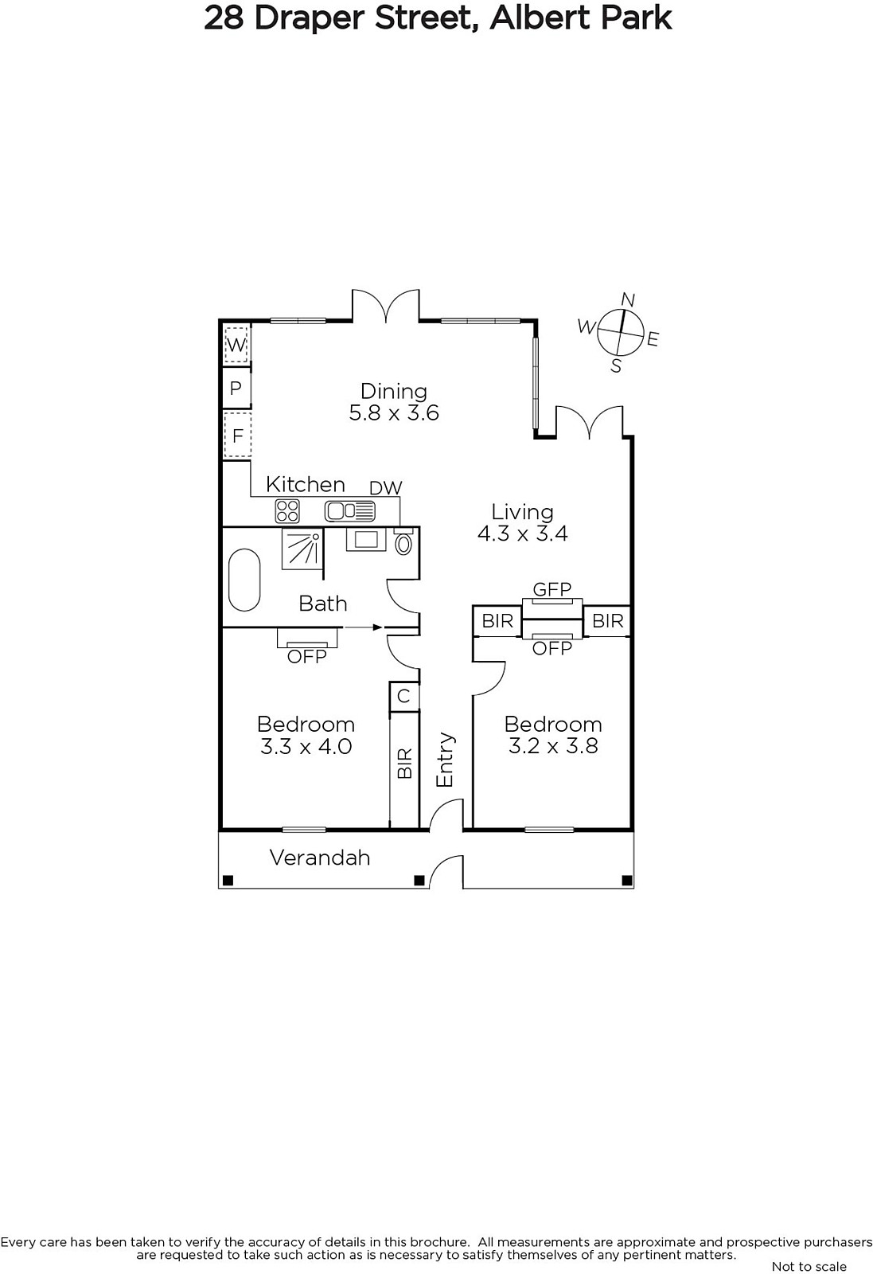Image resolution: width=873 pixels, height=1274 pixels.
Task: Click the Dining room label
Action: [x=393, y=391]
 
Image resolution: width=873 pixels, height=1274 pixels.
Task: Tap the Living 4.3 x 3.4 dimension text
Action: [x=522, y=533]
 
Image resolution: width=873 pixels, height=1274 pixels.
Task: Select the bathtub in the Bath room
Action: [x=244, y=580]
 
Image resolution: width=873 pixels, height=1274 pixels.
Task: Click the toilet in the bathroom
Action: [x=403, y=541]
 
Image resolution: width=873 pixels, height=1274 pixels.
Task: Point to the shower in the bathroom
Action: [x=302, y=549]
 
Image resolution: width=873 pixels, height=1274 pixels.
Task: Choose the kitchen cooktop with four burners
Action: [x=287, y=510]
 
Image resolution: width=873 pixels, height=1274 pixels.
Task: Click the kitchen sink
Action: [x=349, y=510]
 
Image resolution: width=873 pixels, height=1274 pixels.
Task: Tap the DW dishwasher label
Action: [x=386, y=487]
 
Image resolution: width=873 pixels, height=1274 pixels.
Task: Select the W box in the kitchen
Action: [x=236, y=344]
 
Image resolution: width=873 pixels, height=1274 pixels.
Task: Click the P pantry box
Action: [x=236, y=388]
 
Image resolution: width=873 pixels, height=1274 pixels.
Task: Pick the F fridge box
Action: [x=237, y=436]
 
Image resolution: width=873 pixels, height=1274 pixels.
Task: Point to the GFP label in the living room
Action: [x=551, y=588]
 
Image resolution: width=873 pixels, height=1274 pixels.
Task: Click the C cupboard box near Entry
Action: [x=403, y=696]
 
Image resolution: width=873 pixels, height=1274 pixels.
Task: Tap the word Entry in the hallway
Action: [x=445, y=760]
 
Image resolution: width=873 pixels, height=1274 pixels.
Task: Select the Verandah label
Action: [x=319, y=857]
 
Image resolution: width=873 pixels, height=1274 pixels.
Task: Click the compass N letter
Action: [x=627, y=299]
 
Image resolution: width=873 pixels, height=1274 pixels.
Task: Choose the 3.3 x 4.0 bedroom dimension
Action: [x=306, y=746]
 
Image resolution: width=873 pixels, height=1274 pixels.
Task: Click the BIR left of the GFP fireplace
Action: [x=497, y=620]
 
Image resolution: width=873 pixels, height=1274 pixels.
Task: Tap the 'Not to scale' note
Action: [x=809, y=1266]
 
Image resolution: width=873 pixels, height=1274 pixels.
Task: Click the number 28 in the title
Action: [x=224, y=18]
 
